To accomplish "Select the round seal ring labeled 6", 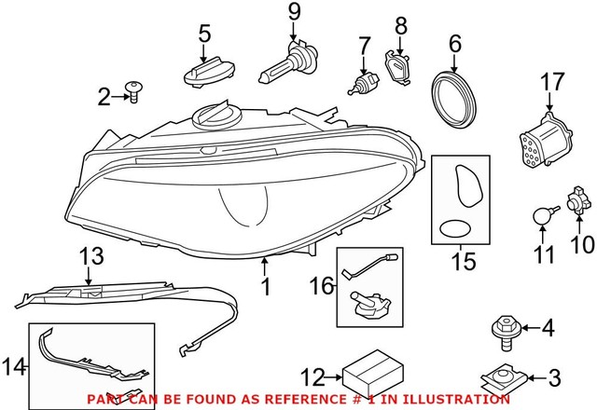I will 456,96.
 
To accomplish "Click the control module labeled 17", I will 546,140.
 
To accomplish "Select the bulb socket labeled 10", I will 573,202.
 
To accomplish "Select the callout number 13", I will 92,256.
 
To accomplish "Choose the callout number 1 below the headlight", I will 266,288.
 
